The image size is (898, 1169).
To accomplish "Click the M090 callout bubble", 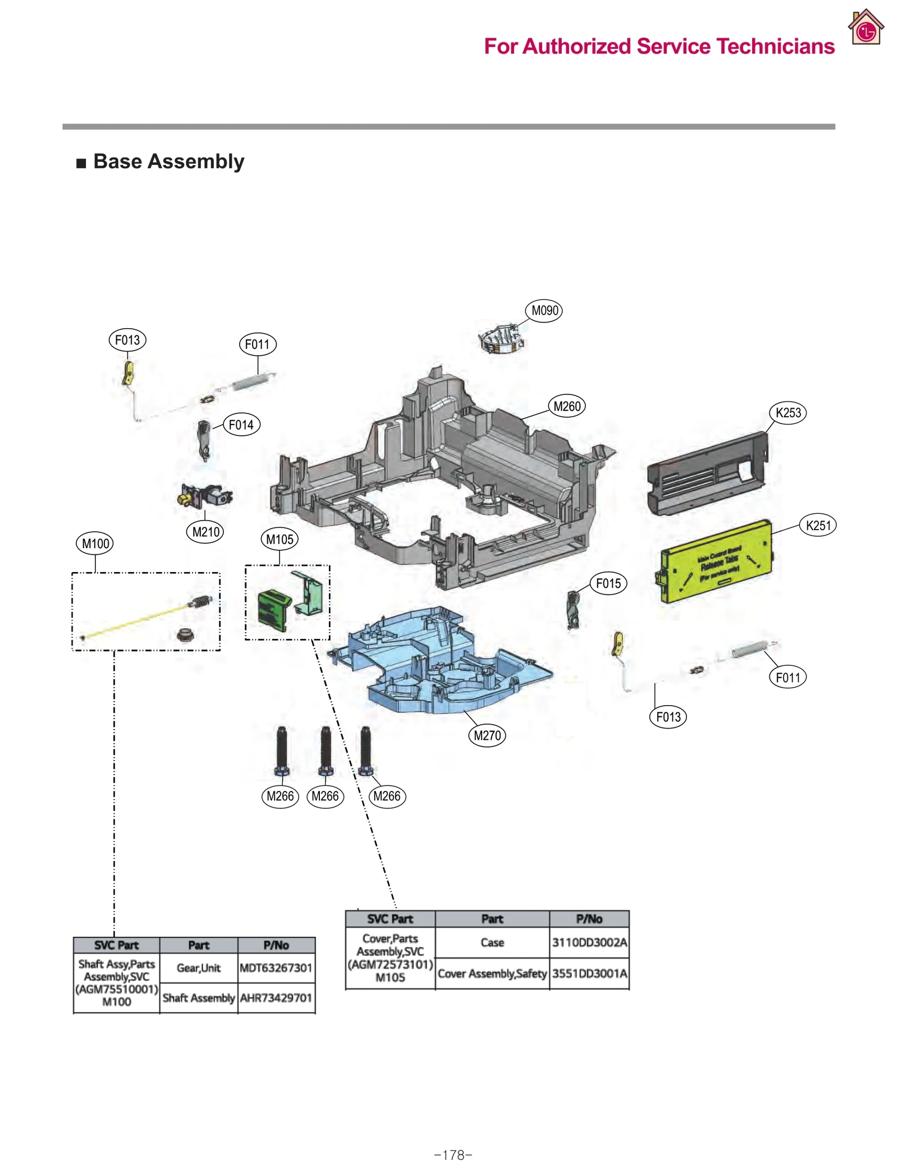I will [543, 311].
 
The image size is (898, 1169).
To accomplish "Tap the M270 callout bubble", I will [486, 735].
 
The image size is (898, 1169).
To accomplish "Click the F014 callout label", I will [241, 425].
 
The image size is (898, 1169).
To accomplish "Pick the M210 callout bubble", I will [205, 532].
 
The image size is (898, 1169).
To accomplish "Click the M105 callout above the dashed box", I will [279, 539].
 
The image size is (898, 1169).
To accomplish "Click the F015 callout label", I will [607, 583].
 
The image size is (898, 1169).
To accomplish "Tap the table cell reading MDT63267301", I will [276, 968].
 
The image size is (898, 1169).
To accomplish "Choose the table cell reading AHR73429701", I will [276, 997].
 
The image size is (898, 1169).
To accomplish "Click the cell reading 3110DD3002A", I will [588, 942].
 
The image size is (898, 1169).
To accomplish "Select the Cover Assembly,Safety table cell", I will [492, 973].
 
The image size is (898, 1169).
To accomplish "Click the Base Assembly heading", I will [168, 162].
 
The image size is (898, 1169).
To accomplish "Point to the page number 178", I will [452, 1155].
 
